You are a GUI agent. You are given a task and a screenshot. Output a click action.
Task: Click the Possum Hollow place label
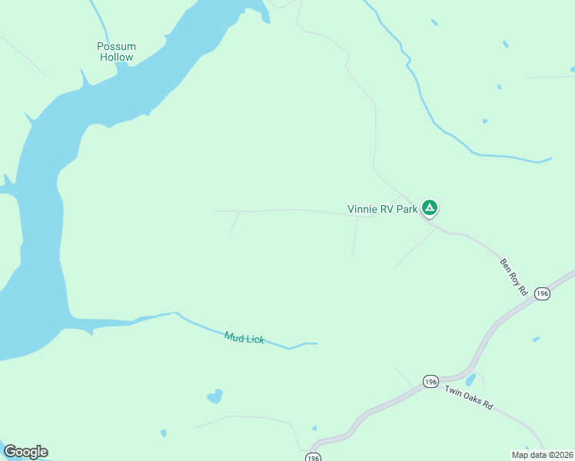pyautogui.click(x=116, y=51)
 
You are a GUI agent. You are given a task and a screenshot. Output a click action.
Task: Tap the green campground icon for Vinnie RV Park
pyautogui.click(x=430, y=207)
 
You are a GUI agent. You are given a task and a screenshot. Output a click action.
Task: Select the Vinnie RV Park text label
pyautogui.click(x=382, y=209)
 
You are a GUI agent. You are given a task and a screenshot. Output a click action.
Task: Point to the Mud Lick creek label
pyautogui.click(x=244, y=337)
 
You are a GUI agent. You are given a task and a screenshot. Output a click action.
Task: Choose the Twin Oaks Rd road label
pyautogui.click(x=468, y=398)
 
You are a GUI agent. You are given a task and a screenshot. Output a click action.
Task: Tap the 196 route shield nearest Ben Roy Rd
pyautogui.click(x=542, y=294)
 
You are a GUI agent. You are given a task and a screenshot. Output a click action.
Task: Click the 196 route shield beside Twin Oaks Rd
pyautogui.click(x=430, y=381)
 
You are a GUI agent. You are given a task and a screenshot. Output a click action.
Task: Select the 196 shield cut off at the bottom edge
pyautogui.click(x=312, y=457)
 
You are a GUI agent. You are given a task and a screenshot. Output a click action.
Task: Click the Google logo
pyautogui.click(x=25, y=452)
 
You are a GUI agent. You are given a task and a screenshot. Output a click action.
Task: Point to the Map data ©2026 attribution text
pyautogui.click(x=541, y=455)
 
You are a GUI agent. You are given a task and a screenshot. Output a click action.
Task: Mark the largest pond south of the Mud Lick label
pyautogui.click(x=215, y=396)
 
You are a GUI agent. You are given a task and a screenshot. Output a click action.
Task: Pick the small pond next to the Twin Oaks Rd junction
pyautogui.click(x=470, y=380)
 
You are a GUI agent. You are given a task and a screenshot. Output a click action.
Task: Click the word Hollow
pyautogui.click(x=116, y=57)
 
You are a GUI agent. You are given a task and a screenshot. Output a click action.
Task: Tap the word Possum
pyautogui.click(x=116, y=46)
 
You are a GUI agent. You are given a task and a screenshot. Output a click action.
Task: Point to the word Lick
pyautogui.click(x=254, y=339)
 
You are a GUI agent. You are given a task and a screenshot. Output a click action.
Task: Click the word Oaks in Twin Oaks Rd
pyautogui.click(x=469, y=398)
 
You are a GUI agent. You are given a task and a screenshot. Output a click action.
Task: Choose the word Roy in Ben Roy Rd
pyautogui.click(x=514, y=277)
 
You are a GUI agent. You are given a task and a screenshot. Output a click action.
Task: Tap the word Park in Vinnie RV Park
pyautogui.click(x=407, y=209)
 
